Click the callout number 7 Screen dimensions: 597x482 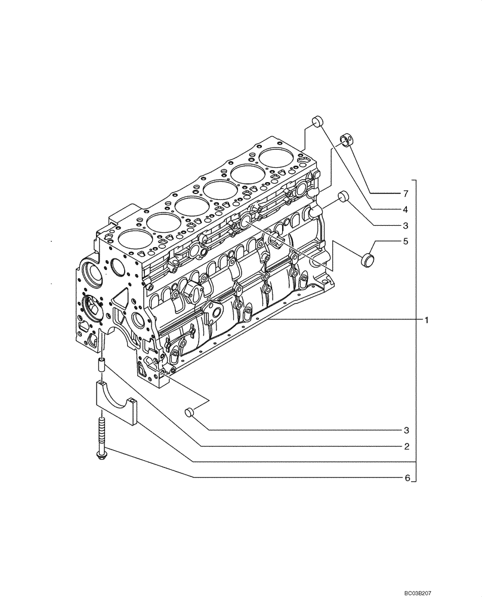click(x=405, y=194)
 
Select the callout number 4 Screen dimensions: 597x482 click(x=405, y=210)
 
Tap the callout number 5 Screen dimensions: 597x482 click(x=405, y=242)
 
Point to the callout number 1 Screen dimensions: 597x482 click(x=427, y=320)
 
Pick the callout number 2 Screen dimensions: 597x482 click(x=405, y=446)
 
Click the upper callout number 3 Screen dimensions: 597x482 click(x=405, y=226)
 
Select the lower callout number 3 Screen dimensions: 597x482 click(x=405, y=430)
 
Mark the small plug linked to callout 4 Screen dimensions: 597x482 click(x=318, y=122)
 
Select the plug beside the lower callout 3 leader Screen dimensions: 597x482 click(x=190, y=412)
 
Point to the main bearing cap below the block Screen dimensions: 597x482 click(x=117, y=403)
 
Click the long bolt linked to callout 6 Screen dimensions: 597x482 click(x=100, y=439)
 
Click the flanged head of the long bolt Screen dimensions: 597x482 click(x=100, y=456)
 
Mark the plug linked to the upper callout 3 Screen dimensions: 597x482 click(x=343, y=196)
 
